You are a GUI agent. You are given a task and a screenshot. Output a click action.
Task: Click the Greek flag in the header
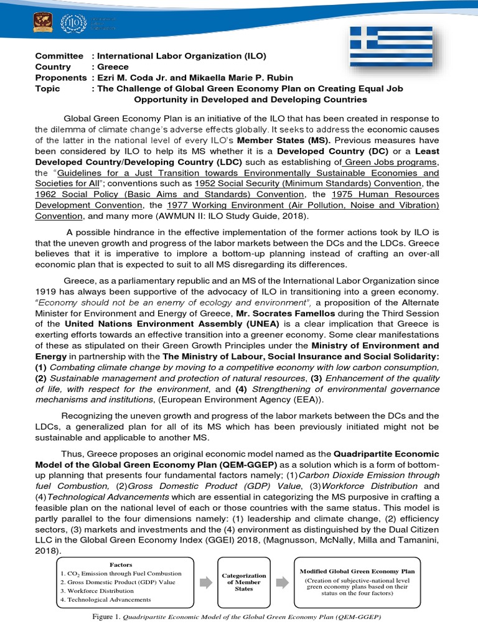click(x=390, y=47)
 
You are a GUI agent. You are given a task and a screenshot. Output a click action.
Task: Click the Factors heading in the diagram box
click(x=121, y=564)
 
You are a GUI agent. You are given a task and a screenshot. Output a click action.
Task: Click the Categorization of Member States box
click(x=244, y=582)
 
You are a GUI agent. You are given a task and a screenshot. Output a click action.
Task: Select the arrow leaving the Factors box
click(x=205, y=582)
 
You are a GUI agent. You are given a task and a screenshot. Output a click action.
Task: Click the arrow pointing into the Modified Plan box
click(x=282, y=582)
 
